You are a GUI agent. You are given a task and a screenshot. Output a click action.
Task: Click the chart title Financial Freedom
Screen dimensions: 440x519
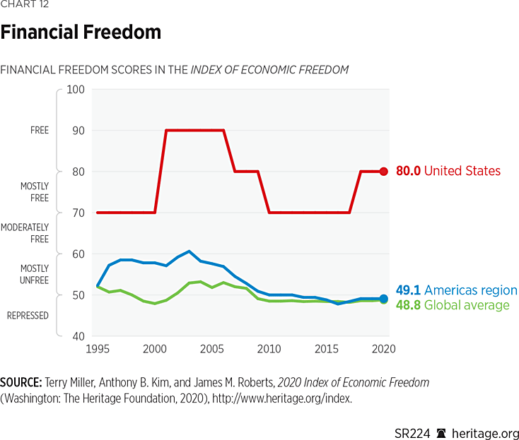tap(81, 32)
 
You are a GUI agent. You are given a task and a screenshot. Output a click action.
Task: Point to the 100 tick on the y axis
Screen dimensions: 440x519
tap(75, 90)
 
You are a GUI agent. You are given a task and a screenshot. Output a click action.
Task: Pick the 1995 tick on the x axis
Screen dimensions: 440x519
tap(98, 349)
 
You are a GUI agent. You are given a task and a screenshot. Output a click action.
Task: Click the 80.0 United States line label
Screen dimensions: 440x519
tap(448, 171)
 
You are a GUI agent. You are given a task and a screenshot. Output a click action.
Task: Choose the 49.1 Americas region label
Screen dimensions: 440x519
tap(456, 291)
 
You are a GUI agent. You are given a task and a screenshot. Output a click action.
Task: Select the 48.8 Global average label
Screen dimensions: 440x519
tap(452, 305)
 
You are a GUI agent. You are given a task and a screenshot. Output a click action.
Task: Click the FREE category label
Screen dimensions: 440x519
tap(40, 131)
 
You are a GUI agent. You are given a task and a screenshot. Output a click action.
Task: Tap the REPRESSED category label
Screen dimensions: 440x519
tap(28, 316)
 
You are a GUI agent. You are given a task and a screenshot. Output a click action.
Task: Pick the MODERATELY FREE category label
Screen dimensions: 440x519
tap(25, 233)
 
